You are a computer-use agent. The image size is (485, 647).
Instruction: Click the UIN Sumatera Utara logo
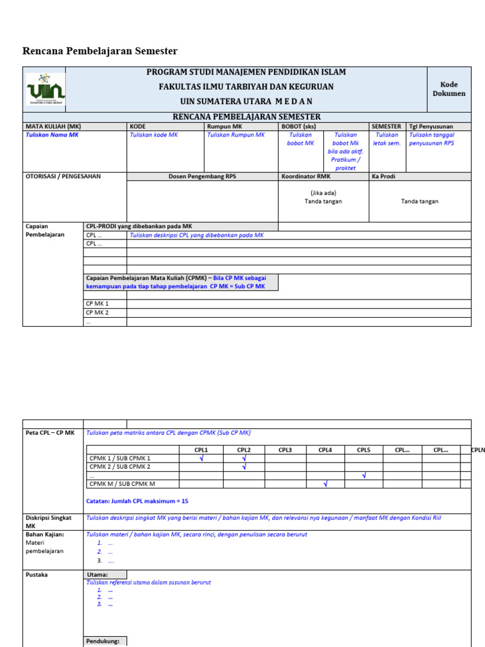click(x=45, y=89)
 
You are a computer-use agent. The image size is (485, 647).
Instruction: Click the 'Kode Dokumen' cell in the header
click(x=448, y=89)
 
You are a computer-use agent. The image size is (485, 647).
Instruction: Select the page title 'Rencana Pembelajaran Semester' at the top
click(x=100, y=51)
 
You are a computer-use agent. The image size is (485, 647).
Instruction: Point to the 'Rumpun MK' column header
click(x=220, y=126)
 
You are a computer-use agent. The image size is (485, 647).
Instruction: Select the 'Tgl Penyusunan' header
click(x=431, y=126)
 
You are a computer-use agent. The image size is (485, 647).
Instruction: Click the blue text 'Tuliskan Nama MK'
click(x=52, y=135)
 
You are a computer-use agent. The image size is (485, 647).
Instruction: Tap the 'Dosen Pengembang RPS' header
click(x=202, y=176)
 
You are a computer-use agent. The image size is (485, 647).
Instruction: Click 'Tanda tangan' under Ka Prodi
click(x=419, y=202)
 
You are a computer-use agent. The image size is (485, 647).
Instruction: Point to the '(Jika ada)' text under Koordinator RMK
click(x=323, y=193)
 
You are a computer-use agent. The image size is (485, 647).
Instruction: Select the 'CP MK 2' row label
click(x=97, y=313)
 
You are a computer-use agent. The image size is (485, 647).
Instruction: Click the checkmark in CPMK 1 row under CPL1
click(x=201, y=459)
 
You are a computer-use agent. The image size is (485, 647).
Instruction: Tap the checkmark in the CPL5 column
click(x=364, y=476)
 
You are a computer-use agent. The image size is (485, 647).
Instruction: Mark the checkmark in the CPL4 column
click(x=325, y=485)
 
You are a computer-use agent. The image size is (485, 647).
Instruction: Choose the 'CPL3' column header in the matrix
click(x=285, y=450)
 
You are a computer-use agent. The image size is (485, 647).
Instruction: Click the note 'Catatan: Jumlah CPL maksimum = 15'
click(x=137, y=501)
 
